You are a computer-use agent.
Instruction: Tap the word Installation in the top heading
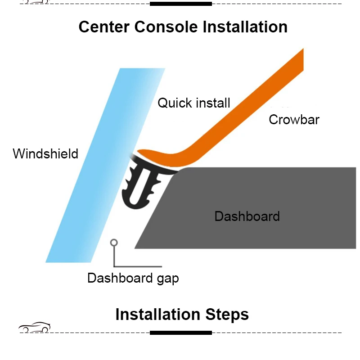tap(245, 27)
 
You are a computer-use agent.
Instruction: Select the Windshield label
tap(45, 153)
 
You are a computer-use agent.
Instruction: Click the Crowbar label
tap(294, 120)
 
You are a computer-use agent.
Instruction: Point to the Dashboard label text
tap(247, 216)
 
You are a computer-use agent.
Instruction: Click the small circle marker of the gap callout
tap(114, 243)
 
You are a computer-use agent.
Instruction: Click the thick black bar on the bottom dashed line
tap(180, 333)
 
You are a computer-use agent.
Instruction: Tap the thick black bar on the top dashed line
tap(180, 4)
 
